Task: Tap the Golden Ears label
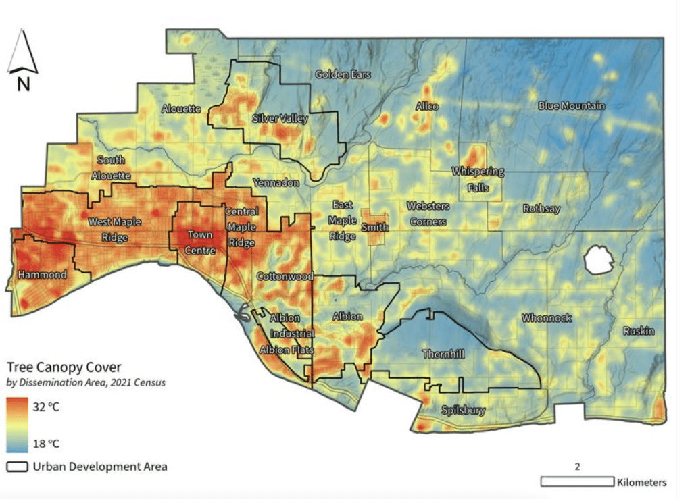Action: (343, 74)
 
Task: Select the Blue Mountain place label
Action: (571, 106)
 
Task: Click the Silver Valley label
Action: (280, 119)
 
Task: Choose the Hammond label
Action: (42, 275)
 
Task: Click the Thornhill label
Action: (443, 354)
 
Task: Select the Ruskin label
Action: (639, 332)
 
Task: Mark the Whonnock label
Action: (547, 318)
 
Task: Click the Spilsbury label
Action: (463, 410)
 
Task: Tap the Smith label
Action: (374, 228)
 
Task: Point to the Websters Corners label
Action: (426, 213)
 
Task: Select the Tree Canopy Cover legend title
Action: (64, 367)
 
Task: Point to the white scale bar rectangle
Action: (576, 481)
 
